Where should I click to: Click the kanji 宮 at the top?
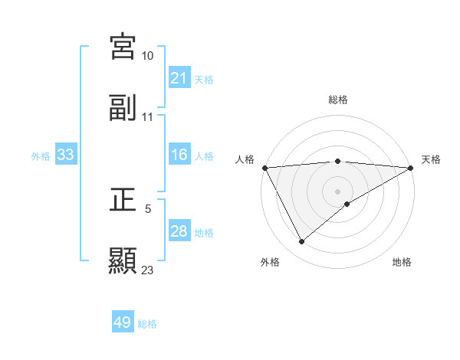(x=123, y=47)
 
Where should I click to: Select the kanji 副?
(x=123, y=108)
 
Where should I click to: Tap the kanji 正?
(x=123, y=200)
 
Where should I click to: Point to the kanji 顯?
(x=123, y=260)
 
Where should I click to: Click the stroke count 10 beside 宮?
(x=148, y=56)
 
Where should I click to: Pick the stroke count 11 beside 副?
(x=148, y=117)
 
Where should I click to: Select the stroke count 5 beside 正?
(x=148, y=208)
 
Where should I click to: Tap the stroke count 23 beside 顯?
(x=148, y=270)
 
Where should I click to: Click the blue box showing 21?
(x=179, y=78)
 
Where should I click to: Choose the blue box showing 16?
(x=179, y=155)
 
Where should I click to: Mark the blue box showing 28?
(x=179, y=231)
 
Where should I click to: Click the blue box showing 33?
(x=66, y=155)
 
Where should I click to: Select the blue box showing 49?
(x=123, y=322)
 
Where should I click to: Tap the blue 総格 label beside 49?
(x=147, y=324)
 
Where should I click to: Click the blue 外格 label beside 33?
(x=41, y=156)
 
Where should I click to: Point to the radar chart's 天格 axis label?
(x=431, y=159)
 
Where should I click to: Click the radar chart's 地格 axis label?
(x=402, y=262)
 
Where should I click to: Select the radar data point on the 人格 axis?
(x=264, y=168)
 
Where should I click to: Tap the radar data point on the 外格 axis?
(x=301, y=242)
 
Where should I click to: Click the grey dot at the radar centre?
(x=337, y=191)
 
